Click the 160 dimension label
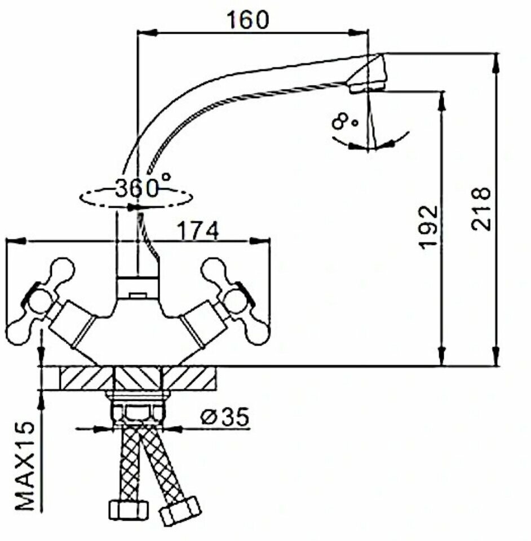(x=248, y=20)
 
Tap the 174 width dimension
(x=197, y=231)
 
